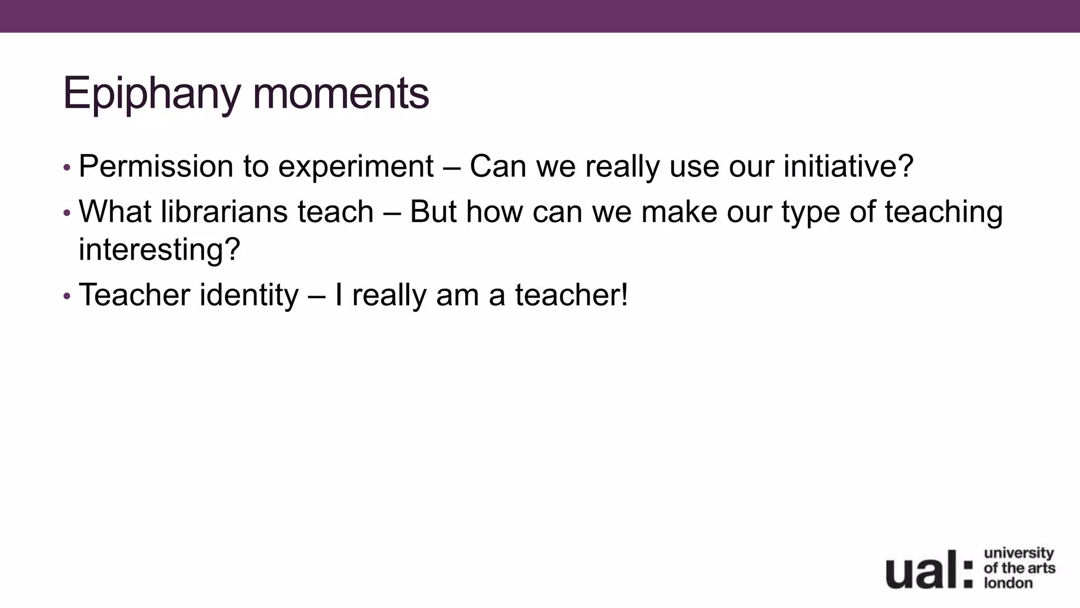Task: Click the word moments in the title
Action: tap(341, 94)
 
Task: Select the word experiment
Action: tap(356, 167)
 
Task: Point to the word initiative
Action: tap(848, 166)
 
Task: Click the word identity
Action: tap(249, 295)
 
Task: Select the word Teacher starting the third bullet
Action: tap(134, 294)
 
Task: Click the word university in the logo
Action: tap(1019, 553)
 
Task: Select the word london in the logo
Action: tap(1008, 583)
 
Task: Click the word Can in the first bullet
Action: tap(498, 166)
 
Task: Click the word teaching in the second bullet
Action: tap(943, 213)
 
